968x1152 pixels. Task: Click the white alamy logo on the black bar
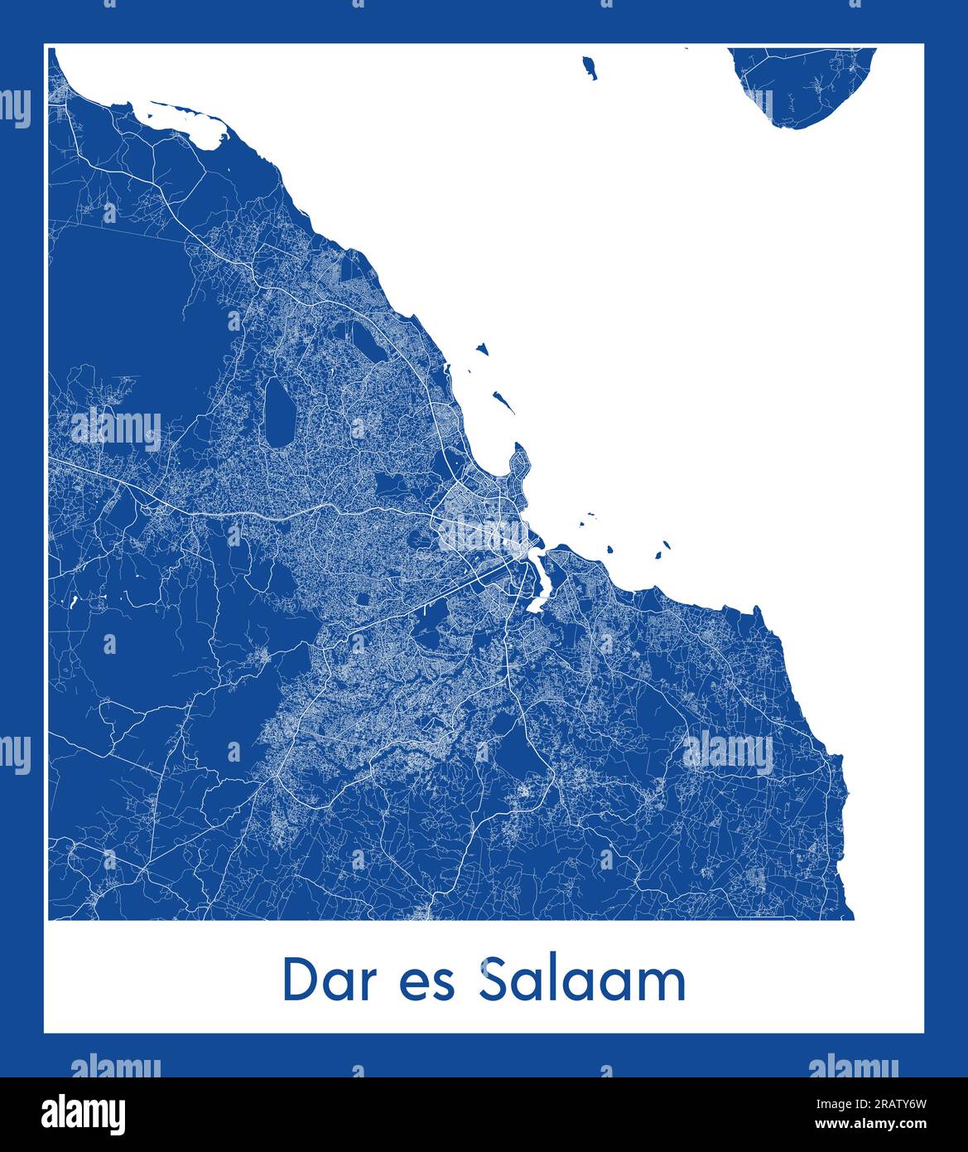pyautogui.click(x=84, y=1114)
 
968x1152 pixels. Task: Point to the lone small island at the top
pyautogui.click(x=590, y=67)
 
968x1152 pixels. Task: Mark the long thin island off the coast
pyautogui.click(x=503, y=403)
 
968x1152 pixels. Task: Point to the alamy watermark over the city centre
pyautogui.click(x=483, y=535)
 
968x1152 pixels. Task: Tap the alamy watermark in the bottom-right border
pyautogui.click(x=853, y=1066)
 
